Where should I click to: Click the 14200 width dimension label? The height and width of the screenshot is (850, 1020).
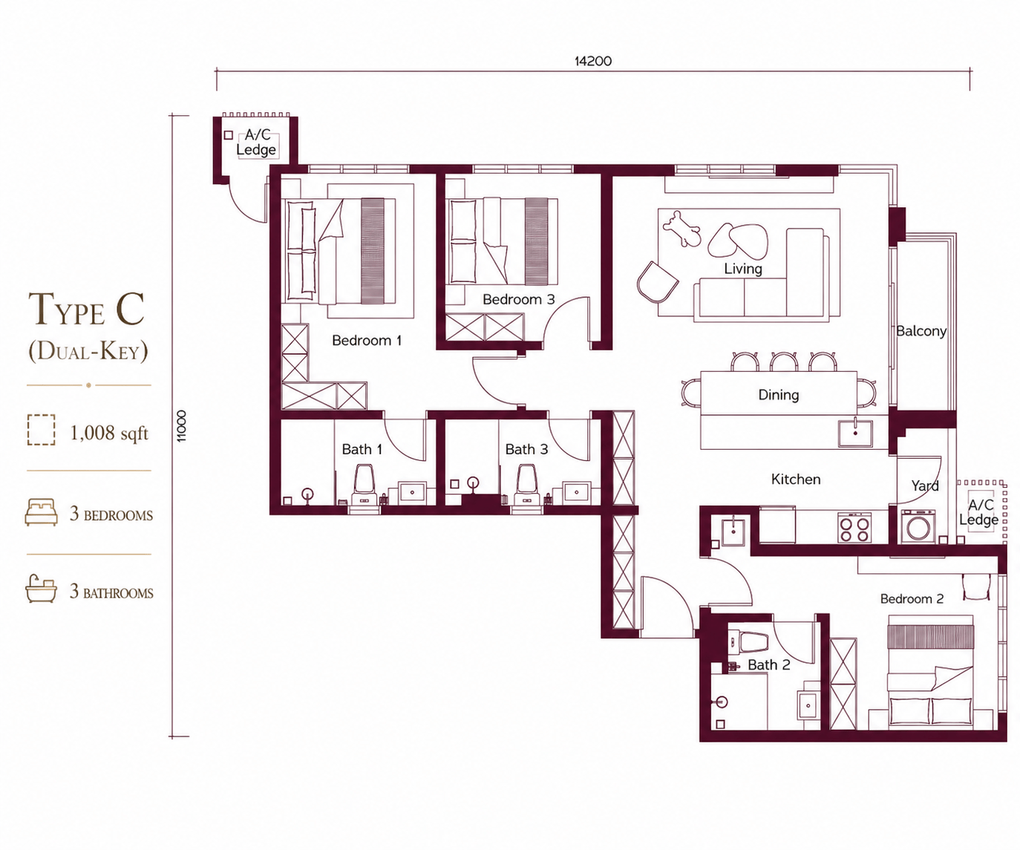click(x=592, y=61)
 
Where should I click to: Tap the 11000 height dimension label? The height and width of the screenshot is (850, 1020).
click(x=181, y=426)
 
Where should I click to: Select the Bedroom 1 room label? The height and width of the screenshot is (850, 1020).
click(x=367, y=341)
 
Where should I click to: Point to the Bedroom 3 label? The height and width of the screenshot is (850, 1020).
click(x=519, y=299)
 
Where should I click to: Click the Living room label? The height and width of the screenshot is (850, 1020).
click(x=743, y=269)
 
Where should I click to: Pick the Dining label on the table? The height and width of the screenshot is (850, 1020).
click(x=778, y=395)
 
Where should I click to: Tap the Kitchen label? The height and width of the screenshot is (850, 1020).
click(x=796, y=480)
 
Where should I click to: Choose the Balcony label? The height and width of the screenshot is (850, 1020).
click(x=921, y=331)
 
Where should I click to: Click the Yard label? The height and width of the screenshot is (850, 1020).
click(x=925, y=486)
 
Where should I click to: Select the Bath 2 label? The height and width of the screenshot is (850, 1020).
click(x=769, y=665)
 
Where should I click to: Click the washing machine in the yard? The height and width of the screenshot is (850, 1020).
click(x=918, y=526)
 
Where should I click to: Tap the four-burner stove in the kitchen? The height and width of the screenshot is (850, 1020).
click(x=854, y=528)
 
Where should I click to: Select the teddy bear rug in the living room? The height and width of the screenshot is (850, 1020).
click(x=681, y=228)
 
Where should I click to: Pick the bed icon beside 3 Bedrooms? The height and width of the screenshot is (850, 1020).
click(x=41, y=512)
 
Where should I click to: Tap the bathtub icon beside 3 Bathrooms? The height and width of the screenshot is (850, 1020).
click(x=41, y=589)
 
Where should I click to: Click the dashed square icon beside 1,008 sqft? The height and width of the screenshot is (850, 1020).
click(x=41, y=430)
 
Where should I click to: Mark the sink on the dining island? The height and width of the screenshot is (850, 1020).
click(x=855, y=433)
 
